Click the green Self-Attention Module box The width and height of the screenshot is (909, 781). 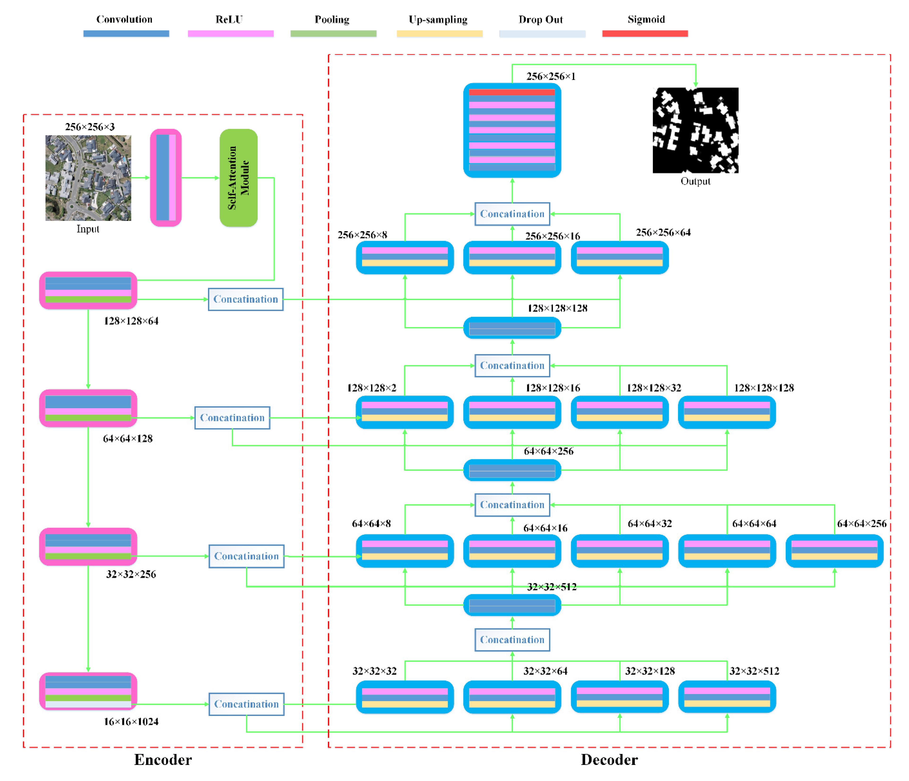pyautogui.click(x=238, y=178)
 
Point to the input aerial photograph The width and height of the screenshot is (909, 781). pyautogui.click(x=88, y=178)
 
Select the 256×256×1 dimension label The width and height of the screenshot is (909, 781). pyautogui.click(x=551, y=76)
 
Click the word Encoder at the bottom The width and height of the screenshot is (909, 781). pyautogui.click(x=163, y=760)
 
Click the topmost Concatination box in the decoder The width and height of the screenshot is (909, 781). pyautogui.click(x=512, y=214)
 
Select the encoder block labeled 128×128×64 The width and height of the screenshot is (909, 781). pyautogui.click(x=88, y=290)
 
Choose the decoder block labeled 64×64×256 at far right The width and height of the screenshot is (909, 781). pyautogui.click(x=834, y=550)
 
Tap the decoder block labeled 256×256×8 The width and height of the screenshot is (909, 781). pyautogui.click(x=404, y=257)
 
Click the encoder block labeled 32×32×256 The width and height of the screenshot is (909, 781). pyautogui.click(x=88, y=546)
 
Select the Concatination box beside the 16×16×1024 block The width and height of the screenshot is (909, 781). pyautogui.click(x=246, y=704)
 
